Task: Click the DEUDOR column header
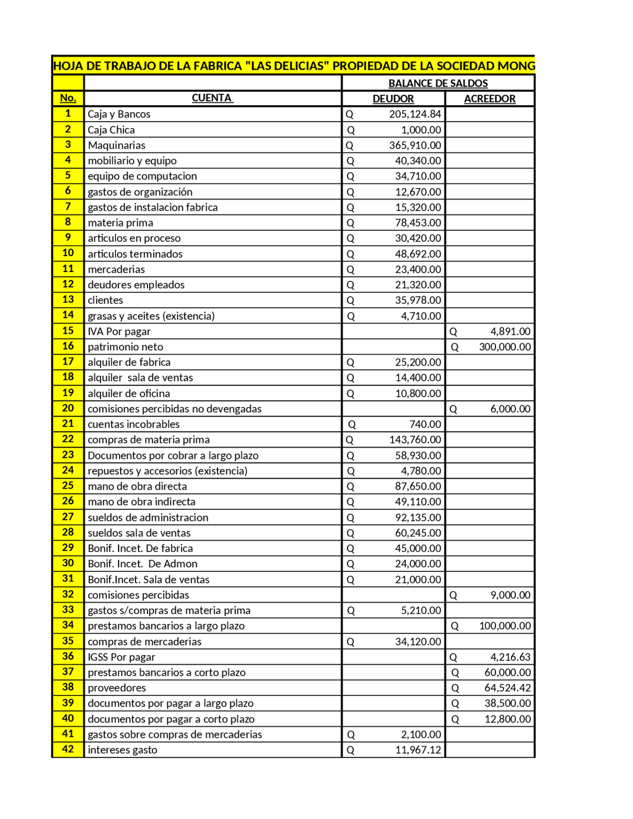[x=393, y=98]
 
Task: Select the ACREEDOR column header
[x=489, y=98]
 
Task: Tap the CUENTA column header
[x=212, y=98]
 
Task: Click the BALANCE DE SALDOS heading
[x=438, y=83]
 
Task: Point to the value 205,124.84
[x=414, y=114]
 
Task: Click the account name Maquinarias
[x=117, y=145]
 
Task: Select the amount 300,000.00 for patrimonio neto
[x=504, y=347]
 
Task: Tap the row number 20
[x=68, y=408]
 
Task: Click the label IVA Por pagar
[x=119, y=331]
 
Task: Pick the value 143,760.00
[x=414, y=440]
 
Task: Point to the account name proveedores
[x=117, y=687]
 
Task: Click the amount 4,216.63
[x=510, y=657]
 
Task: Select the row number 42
[x=68, y=749]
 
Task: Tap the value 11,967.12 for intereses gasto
[x=417, y=750]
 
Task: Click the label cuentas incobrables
[x=134, y=424]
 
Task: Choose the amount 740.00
[x=425, y=424]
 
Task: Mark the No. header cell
[x=68, y=98]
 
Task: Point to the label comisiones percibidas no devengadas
[x=175, y=409]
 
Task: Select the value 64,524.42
[x=507, y=688]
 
